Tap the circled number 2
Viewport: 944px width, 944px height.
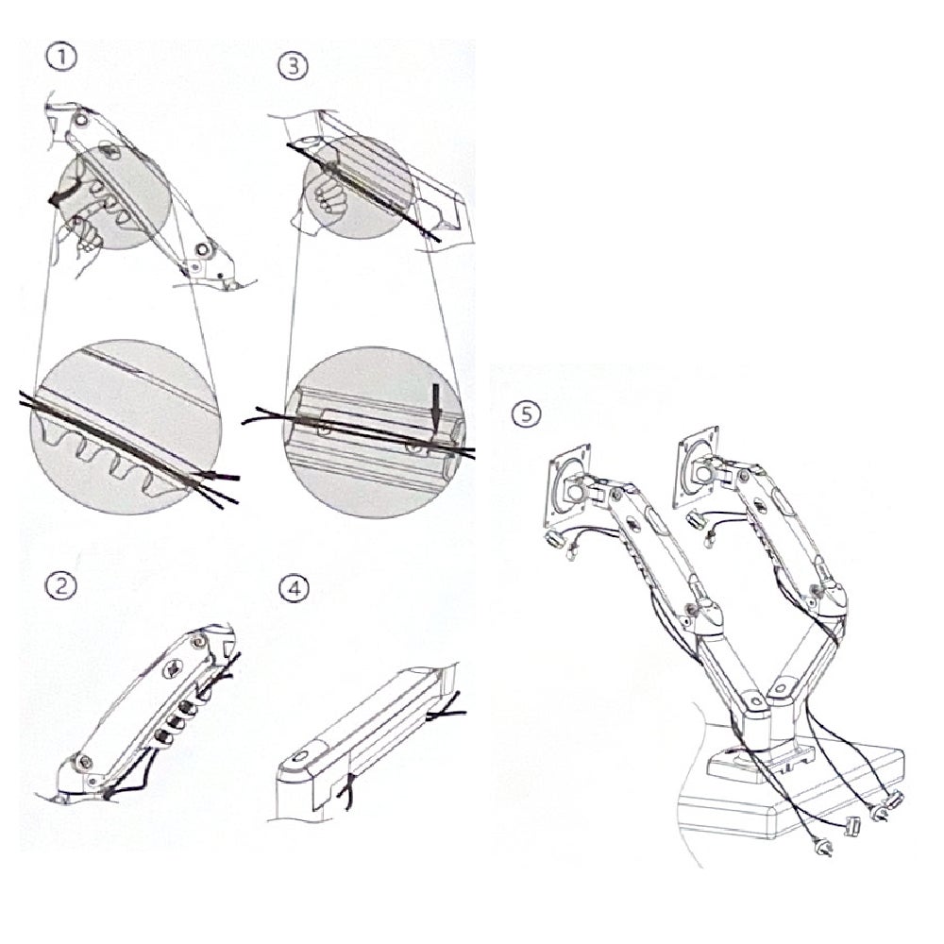click(x=61, y=586)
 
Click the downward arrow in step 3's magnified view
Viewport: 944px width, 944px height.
click(x=435, y=404)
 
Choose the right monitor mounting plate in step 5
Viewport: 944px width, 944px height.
click(x=697, y=466)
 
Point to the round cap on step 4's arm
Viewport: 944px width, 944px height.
click(x=300, y=757)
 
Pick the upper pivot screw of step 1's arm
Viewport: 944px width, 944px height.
click(x=79, y=120)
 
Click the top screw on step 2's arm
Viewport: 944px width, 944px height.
click(x=199, y=641)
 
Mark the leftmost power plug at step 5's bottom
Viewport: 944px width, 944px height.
click(x=824, y=847)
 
